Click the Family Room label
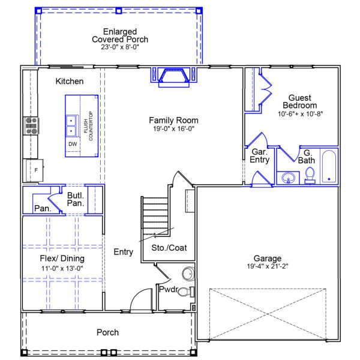[x=173, y=120]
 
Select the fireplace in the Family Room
[x=173, y=77]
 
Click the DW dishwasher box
[x=72, y=145]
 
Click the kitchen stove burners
[x=31, y=125]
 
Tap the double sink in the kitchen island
[x=71, y=124]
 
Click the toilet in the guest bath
[x=310, y=174]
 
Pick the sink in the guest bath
[x=289, y=178]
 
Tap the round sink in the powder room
[x=188, y=275]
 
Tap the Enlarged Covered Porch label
[x=120, y=35]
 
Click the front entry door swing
[x=142, y=300]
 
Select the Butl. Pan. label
[x=76, y=200]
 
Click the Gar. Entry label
[x=260, y=156]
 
